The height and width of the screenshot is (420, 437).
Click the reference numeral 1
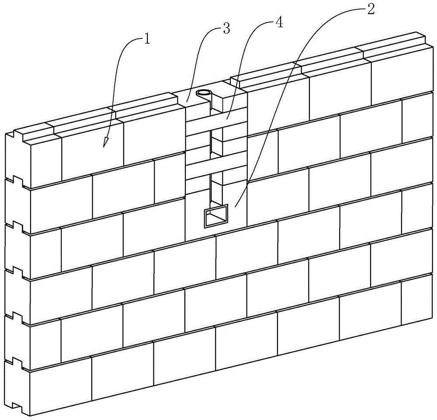click(x=147, y=40)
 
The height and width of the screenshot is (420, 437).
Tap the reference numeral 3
click(x=226, y=28)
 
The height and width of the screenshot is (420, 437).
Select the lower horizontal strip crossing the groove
click(x=216, y=164)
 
